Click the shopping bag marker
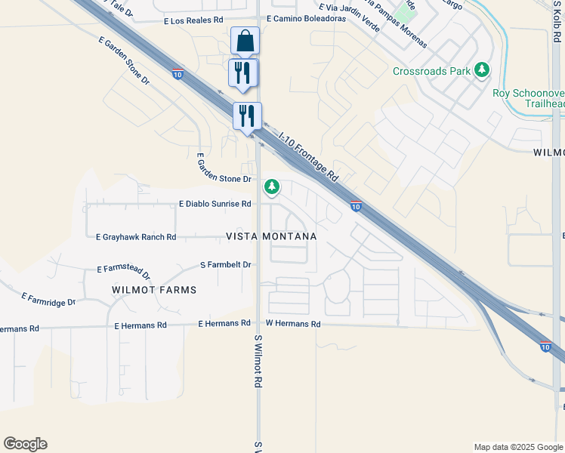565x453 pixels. click(x=245, y=41)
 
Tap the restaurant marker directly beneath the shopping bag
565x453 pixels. click(x=243, y=73)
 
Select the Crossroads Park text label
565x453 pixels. click(x=431, y=72)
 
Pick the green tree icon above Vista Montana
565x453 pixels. click(x=271, y=186)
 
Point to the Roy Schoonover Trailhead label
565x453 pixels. click(x=528, y=99)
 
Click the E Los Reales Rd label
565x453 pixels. click(x=194, y=21)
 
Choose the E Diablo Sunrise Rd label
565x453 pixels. click(x=215, y=204)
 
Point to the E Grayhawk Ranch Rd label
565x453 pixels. click(x=136, y=237)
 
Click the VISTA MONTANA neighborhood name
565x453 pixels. click(x=271, y=236)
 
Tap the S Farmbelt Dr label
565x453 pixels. click(x=225, y=265)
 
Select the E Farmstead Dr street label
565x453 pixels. click(x=124, y=271)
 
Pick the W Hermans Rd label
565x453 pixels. click(x=293, y=324)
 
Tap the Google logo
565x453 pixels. click(x=25, y=444)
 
